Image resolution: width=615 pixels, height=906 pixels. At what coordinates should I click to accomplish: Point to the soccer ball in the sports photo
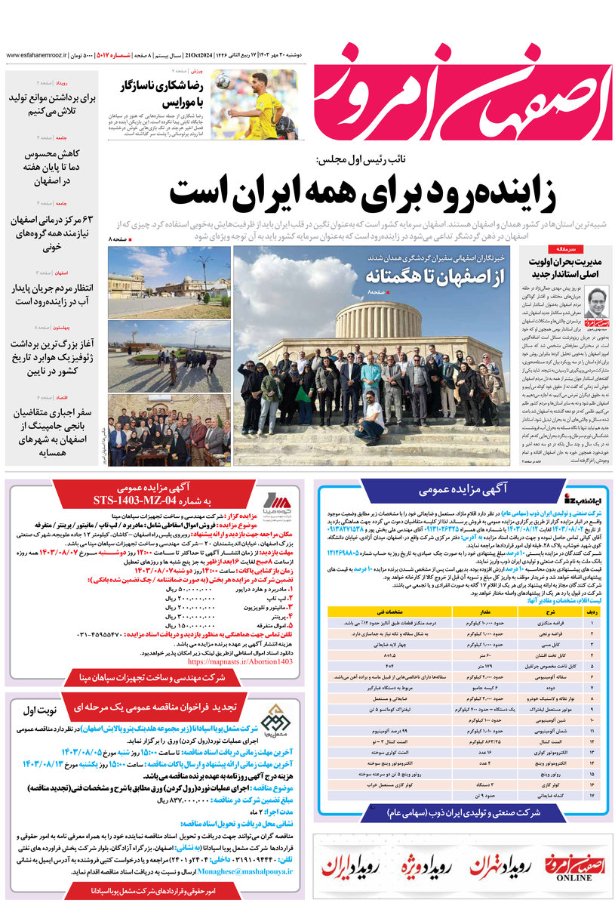pos(222,80)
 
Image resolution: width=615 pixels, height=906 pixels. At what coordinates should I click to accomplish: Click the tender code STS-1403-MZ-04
pos(153,500)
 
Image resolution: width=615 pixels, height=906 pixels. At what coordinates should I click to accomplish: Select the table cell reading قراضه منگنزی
pos(555,624)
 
